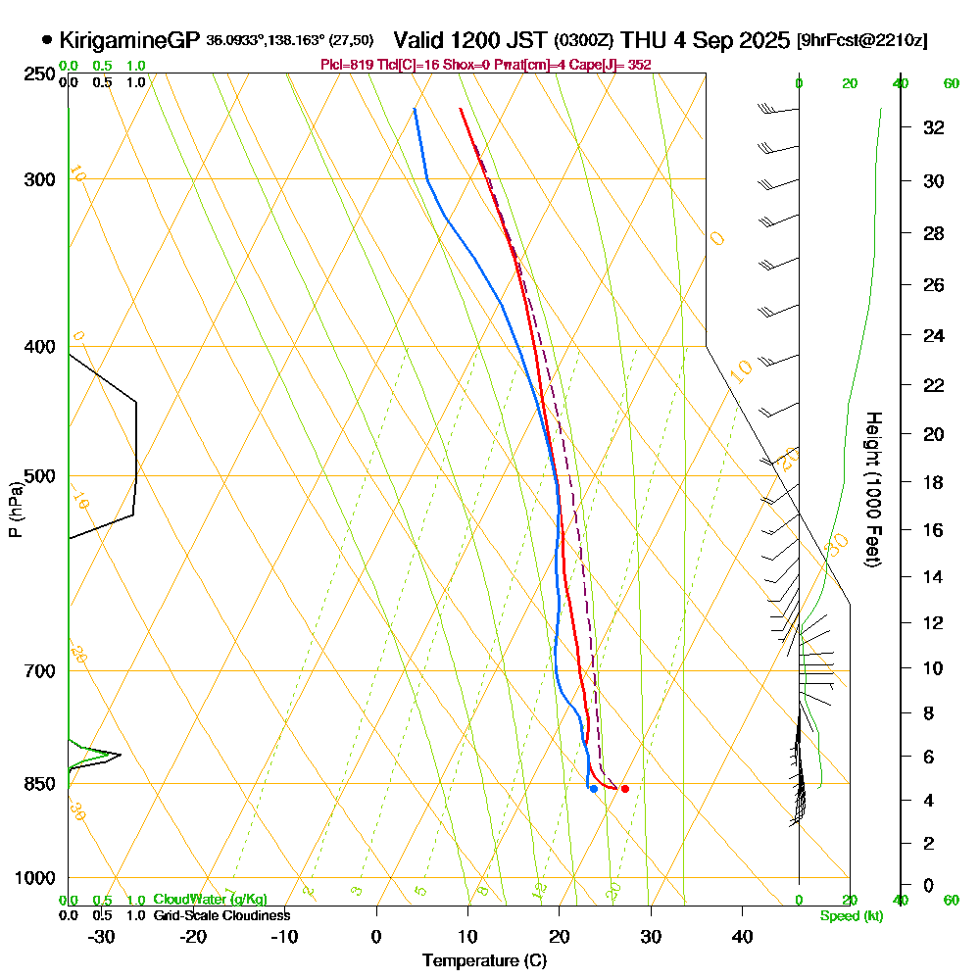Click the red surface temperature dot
[x=624, y=789]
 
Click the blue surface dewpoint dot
[x=594, y=789]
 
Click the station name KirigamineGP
[x=130, y=40]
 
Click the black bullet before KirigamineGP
[x=47, y=40]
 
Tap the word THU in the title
[x=644, y=40]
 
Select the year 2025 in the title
[x=761, y=40]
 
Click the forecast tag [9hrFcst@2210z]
[x=862, y=41]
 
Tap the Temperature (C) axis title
[x=484, y=961]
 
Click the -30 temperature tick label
[x=101, y=936]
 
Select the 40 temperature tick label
[x=742, y=936]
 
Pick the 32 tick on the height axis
[x=933, y=127]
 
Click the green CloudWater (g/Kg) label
[x=210, y=900]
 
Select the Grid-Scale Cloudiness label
[x=221, y=915]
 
